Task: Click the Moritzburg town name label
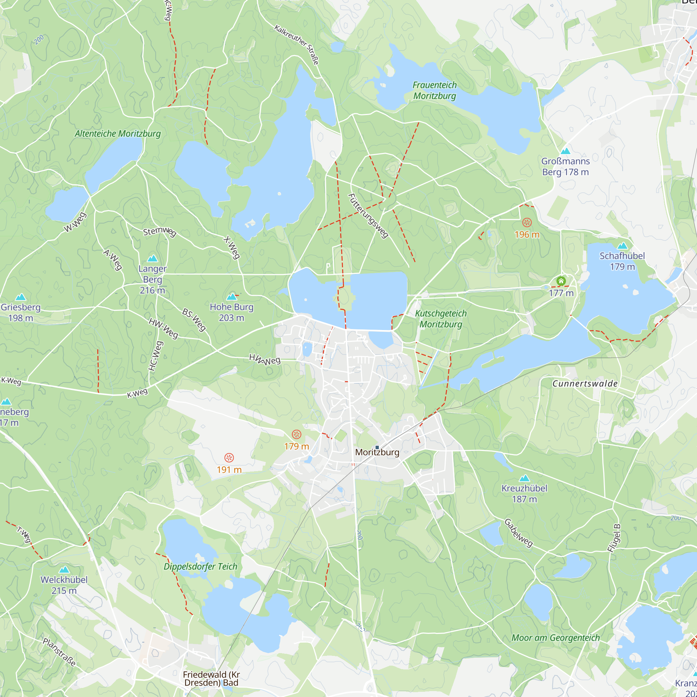377,452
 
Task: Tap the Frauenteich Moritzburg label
434,91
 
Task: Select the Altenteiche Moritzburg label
117,133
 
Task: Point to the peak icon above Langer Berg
153,258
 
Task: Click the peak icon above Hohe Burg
232,297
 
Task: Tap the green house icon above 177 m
561,281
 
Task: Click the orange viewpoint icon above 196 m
527,223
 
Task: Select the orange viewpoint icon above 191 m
229,458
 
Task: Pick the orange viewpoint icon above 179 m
297,434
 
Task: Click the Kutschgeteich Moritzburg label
441,319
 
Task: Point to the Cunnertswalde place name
585,383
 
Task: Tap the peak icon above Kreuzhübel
524,478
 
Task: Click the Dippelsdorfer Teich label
201,566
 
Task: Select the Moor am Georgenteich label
556,638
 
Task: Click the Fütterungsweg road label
368,216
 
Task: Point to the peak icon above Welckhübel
64,570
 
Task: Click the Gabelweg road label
519,533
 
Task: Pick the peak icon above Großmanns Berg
565,151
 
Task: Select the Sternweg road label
160,231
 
